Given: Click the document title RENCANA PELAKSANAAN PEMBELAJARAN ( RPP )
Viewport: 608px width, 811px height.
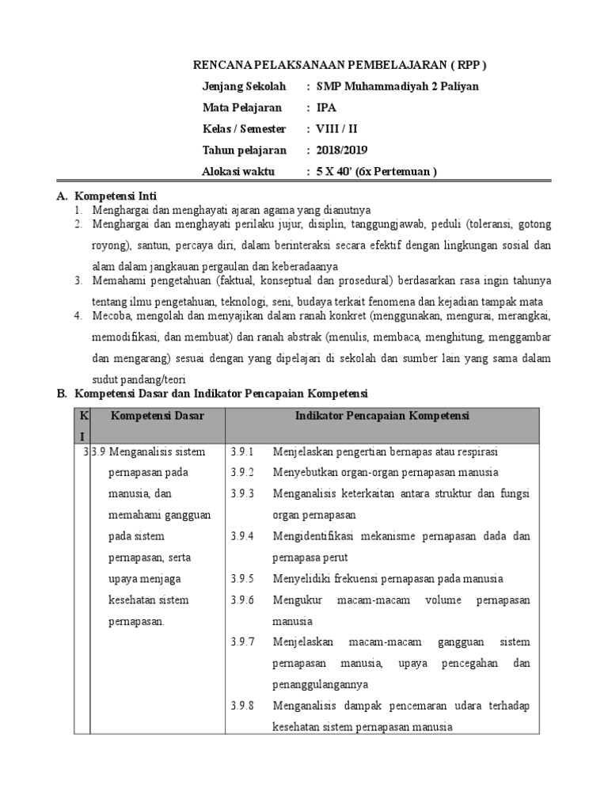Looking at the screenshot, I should click(340, 65).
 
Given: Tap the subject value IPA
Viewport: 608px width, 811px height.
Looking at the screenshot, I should click(325, 108).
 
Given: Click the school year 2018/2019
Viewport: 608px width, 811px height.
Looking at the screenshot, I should click(342, 150).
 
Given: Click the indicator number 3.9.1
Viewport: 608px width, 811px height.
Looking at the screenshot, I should click(241, 452).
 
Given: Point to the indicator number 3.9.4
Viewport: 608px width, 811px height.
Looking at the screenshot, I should click(241, 536).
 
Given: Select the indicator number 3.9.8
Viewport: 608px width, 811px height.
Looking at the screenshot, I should click(241, 706).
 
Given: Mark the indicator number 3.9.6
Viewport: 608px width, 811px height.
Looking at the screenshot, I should click(241, 600).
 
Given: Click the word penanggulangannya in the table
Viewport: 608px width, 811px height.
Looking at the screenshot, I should click(321, 684).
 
